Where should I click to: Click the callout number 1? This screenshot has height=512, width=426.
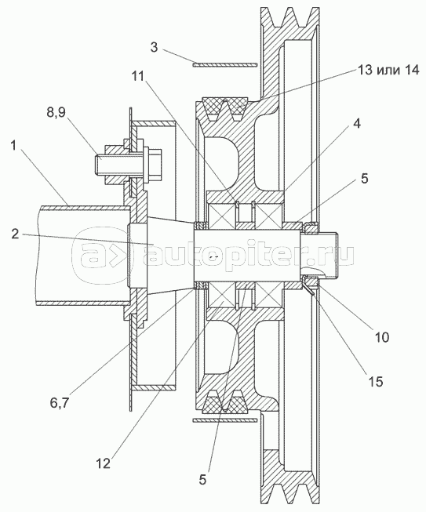click(13, 146)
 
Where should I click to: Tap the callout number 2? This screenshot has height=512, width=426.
click(15, 234)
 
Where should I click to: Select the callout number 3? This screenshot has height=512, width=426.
click(154, 47)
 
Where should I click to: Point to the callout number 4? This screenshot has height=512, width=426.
click(357, 123)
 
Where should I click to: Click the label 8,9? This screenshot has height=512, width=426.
click(56, 112)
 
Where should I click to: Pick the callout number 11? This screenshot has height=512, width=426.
click(138, 76)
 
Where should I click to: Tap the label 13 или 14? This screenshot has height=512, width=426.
click(388, 70)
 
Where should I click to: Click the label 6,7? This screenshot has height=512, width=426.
click(60, 404)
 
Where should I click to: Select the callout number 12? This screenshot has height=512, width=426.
click(104, 463)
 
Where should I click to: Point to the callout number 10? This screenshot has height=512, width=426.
click(381, 337)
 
